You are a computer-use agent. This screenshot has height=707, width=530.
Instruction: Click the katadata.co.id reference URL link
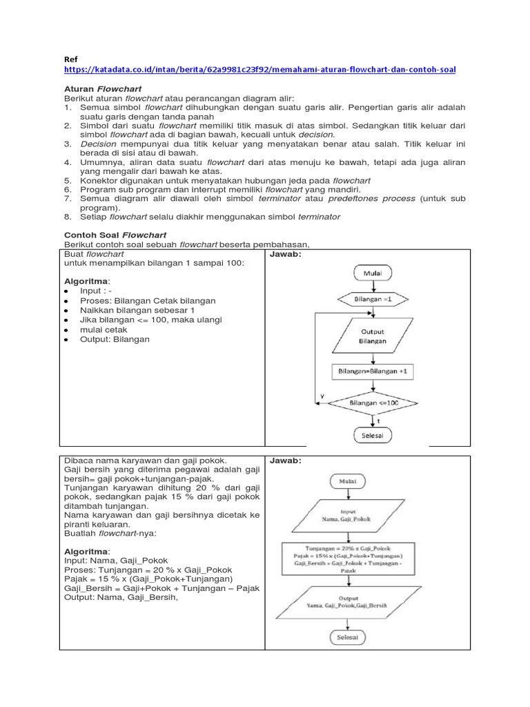[259, 70]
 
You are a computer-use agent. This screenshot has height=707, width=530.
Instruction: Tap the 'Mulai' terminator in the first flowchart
[373, 273]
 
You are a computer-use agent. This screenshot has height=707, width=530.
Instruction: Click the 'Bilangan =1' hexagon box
[373, 300]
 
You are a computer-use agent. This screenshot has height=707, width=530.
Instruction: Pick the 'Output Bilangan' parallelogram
[373, 336]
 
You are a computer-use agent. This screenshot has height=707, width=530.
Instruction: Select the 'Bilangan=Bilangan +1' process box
[373, 371]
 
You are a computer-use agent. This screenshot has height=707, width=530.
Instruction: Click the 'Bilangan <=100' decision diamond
[373, 403]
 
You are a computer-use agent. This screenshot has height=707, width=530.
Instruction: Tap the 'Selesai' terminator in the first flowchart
[373, 436]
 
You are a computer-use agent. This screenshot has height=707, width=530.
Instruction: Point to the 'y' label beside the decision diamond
[321, 396]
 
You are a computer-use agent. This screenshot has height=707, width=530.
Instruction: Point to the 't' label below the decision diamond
[379, 420]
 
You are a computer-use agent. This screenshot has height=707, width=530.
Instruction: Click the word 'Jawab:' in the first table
[284, 253]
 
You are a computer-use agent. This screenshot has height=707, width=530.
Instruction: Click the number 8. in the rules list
[68, 216]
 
